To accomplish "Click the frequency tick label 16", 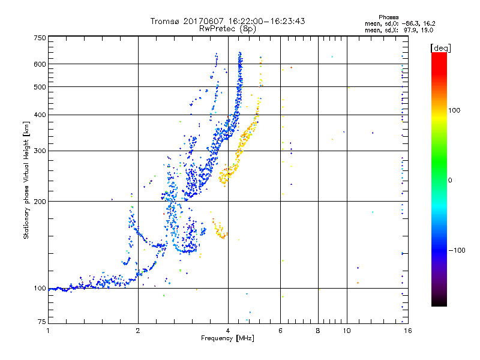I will pyautogui.click(x=406, y=331).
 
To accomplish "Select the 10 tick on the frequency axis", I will pyautogui.click(x=346, y=331).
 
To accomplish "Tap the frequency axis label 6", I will pyautogui.click(x=280, y=331).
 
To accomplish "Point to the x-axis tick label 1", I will pyautogui.click(x=48, y=331).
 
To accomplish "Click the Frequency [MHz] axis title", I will pyautogui.click(x=227, y=339).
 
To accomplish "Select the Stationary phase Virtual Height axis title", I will pyautogui.click(x=26, y=181).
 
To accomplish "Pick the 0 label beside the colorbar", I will pyautogui.click(x=449, y=180).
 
